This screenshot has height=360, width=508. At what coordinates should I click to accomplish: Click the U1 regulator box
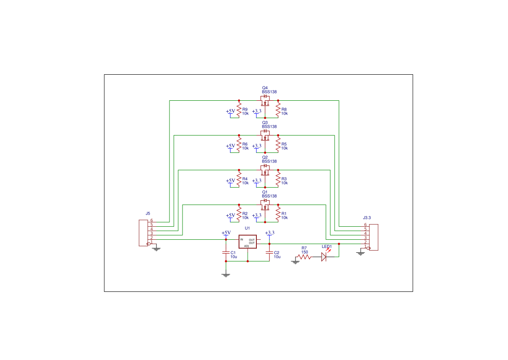247,241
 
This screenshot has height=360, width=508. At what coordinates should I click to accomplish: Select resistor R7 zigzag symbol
304,257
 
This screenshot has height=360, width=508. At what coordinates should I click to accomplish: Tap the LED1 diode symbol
324,257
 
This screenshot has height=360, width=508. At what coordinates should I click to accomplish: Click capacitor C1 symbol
226,252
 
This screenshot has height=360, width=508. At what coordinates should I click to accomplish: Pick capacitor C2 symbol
269,252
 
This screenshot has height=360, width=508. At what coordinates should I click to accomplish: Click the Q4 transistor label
265,88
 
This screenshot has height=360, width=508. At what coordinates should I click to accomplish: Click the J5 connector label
148,214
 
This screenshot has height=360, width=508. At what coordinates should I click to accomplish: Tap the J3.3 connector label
367,218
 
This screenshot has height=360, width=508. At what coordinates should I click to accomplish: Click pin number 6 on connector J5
152,221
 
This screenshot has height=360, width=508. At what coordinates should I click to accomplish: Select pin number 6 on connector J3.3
365,225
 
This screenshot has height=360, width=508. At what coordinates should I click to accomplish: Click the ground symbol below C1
226,274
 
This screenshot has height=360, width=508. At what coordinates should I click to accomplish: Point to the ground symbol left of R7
296,261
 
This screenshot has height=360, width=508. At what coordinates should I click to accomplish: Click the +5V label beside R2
230,215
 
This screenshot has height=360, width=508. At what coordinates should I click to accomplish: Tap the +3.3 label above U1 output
269,233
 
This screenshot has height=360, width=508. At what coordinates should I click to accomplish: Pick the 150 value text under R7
304,252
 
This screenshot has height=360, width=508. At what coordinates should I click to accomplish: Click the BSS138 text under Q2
269,161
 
